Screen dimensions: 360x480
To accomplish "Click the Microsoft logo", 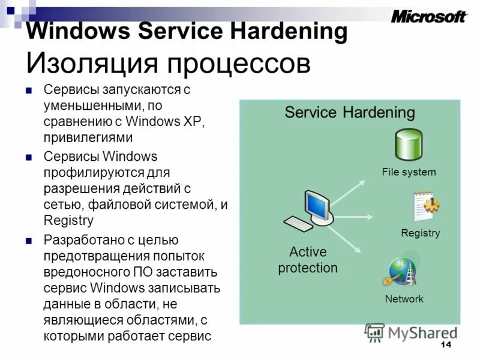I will tap(428, 16).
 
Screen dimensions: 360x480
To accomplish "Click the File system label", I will tap(409, 172).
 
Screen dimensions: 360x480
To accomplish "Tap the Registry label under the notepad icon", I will tap(420, 233).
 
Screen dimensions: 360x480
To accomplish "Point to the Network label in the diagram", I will tap(404, 299).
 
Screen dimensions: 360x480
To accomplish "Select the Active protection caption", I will tap(307, 259).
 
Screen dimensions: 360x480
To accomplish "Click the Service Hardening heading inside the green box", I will tap(349, 112).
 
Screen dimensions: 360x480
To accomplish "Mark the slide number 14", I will tap(445, 344).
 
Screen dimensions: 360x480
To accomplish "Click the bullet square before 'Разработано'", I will tap(28, 241).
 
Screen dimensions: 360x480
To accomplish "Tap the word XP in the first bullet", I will tap(195, 122).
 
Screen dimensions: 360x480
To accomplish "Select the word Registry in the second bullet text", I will tap(68, 220).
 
